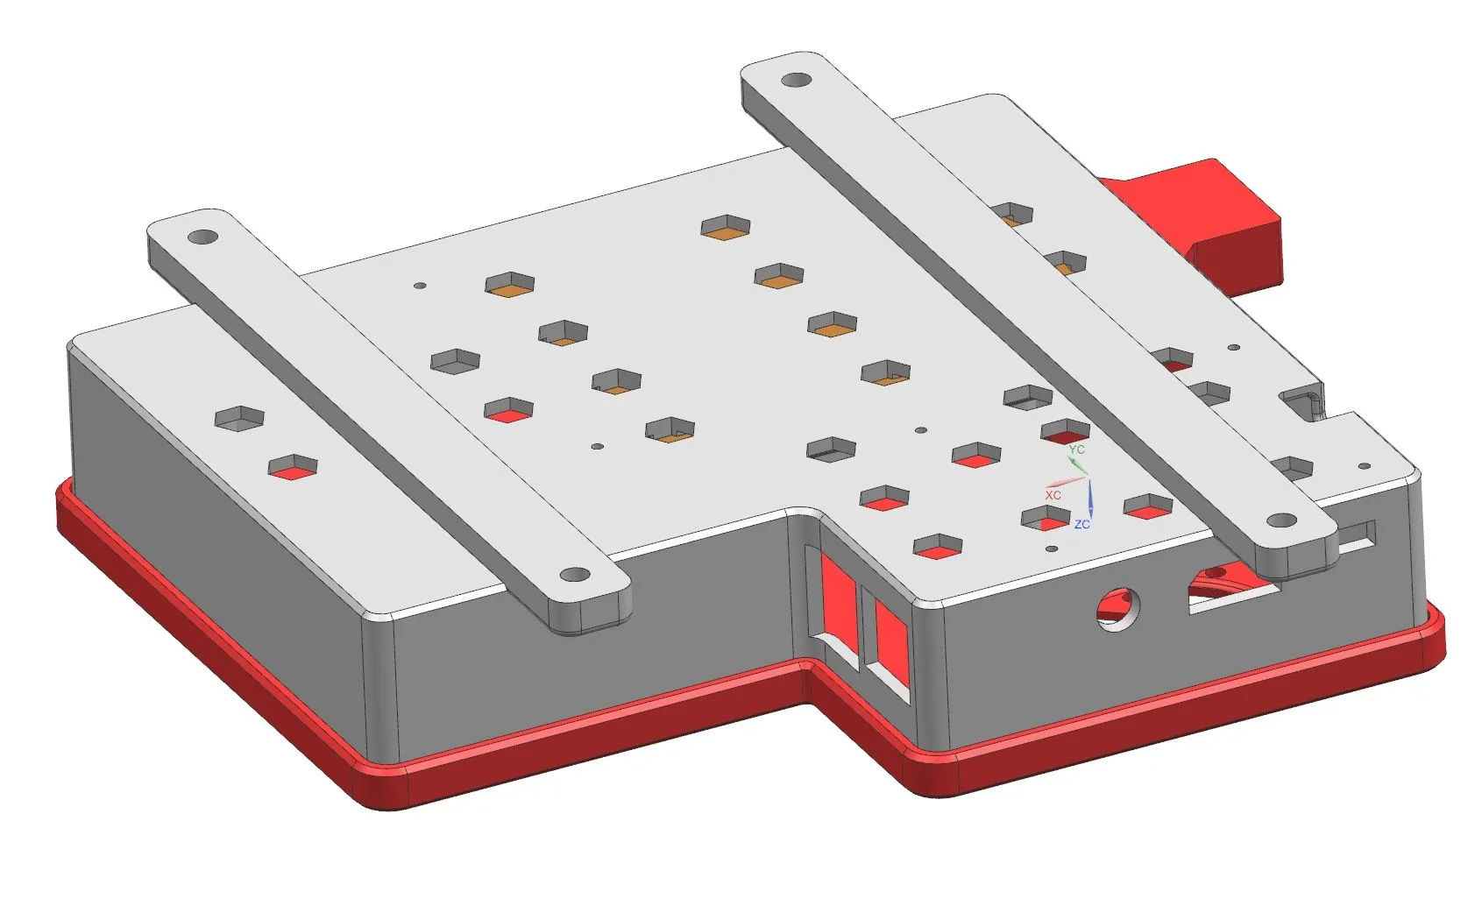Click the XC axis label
tap(1053, 495)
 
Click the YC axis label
tap(1077, 449)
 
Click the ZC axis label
tap(1081, 524)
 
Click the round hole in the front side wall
tap(1119, 606)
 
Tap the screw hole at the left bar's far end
tap(203, 237)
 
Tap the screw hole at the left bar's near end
tap(575, 575)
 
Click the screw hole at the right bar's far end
tap(795, 81)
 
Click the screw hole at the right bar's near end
tap(1281, 520)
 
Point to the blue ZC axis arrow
tap(1090, 499)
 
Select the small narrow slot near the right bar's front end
tap(1356, 532)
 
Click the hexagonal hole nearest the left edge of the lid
tap(239, 418)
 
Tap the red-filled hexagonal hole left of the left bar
tap(293, 468)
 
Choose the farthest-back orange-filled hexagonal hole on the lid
tap(727, 227)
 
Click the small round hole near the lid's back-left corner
tap(419, 286)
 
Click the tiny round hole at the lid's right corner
tap(1364, 467)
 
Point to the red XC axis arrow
tap(1065, 482)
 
